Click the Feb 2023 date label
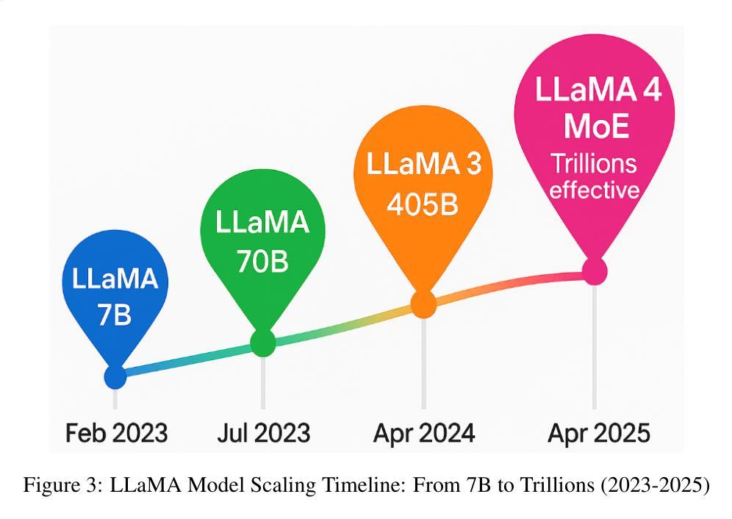(x=116, y=432)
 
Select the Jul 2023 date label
(x=263, y=432)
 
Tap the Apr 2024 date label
(x=423, y=433)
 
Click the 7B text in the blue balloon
(x=114, y=315)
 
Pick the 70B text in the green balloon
(x=262, y=261)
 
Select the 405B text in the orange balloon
(x=423, y=205)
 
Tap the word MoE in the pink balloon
(x=597, y=126)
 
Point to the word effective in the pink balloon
(x=595, y=190)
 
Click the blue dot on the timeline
(x=115, y=376)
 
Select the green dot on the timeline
(x=263, y=343)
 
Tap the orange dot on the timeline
(x=423, y=303)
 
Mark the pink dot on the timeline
(x=595, y=271)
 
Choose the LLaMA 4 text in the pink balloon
(x=598, y=89)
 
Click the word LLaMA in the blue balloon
(x=115, y=280)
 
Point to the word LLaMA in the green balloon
(x=262, y=223)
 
